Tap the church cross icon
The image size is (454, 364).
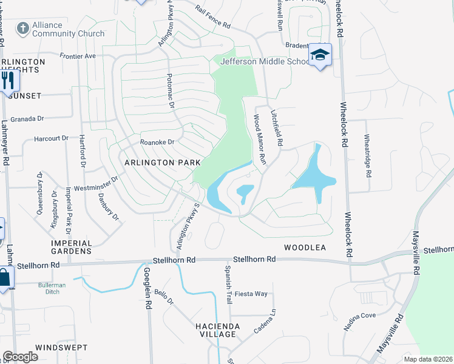click(x=22, y=29)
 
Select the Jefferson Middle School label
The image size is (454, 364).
click(x=265, y=61)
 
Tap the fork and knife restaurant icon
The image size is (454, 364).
click(x=7, y=79)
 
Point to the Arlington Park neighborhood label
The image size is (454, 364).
click(x=163, y=163)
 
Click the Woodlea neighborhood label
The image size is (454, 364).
click(x=305, y=248)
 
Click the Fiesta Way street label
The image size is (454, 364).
click(x=251, y=294)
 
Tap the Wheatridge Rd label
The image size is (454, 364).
click(x=367, y=156)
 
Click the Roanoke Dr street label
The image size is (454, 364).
click(x=157, y=142)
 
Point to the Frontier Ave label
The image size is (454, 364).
click(x=78, y=55)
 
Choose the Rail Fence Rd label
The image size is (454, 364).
click(x=212, y=18)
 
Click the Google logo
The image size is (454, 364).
click(x=20, y=357)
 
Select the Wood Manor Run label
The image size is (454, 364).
click(x=260, y=140)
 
